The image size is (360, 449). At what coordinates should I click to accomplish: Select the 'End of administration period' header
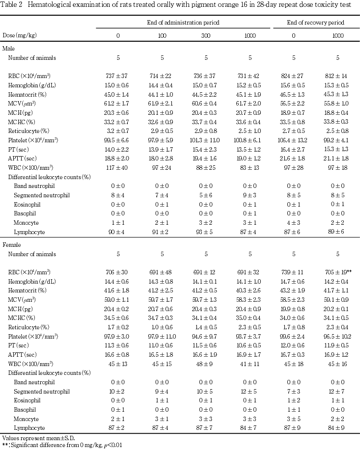pyautogui.click(x=183, y=23)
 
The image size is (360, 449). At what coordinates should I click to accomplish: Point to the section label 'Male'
pyautogui.click(x=8, y=49)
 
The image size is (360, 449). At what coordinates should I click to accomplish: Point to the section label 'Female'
pyautogui.click(x=11, y=244)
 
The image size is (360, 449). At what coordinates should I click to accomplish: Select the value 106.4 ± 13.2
pyautogui.click(x=294, y=140)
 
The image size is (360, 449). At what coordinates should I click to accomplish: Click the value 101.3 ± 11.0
pyautogui.click(x=206, y=140)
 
